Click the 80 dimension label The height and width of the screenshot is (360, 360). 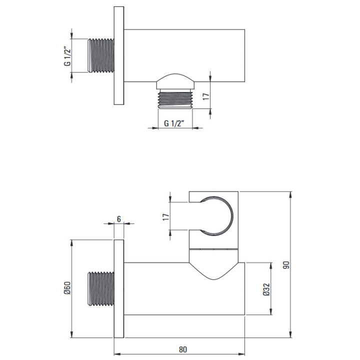183,349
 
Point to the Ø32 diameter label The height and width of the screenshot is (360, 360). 266,289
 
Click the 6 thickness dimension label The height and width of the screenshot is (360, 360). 118,219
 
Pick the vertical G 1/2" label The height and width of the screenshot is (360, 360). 67,56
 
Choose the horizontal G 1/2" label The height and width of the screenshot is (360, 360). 174,123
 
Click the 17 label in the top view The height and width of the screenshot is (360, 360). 206,96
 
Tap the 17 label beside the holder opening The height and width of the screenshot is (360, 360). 166,216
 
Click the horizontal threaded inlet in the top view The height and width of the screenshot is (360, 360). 101,56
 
